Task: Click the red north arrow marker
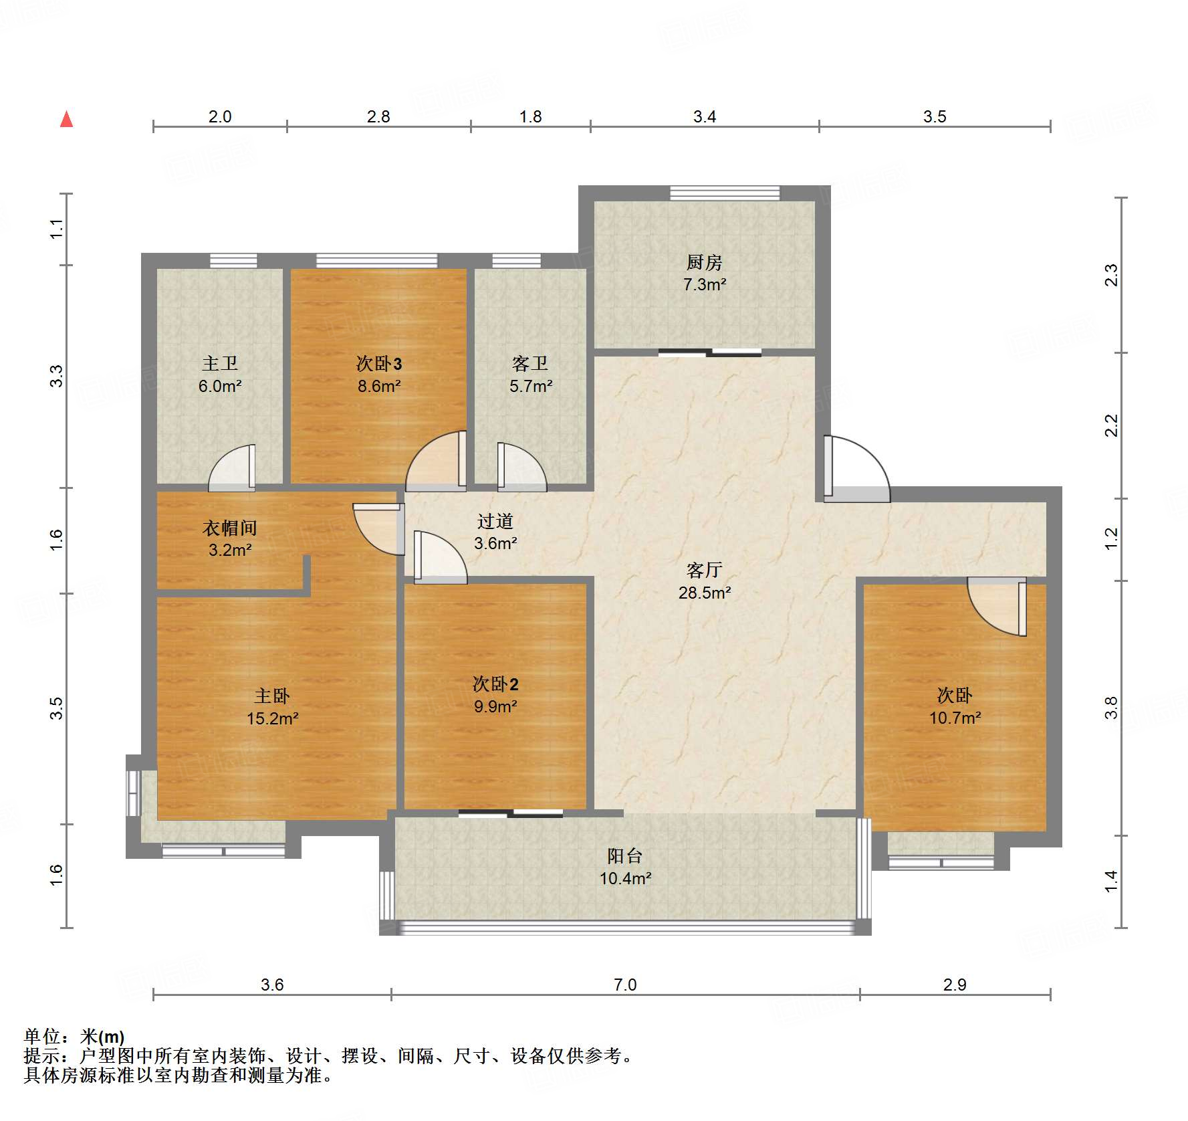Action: (66, 119)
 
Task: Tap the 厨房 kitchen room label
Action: (704, 262)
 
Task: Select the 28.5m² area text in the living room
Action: (704, 593)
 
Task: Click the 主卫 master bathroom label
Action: (220, 363)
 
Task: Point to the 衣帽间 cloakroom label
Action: (229, 528)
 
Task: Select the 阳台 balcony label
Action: (624, 855)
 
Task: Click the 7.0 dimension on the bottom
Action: (625, 985)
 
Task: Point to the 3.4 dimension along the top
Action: (704, 117)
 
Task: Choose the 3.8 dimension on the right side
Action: (1111, 708)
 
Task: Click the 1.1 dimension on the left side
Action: (57, 229)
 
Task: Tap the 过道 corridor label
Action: (495, 521)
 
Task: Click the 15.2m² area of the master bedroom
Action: (272, 718)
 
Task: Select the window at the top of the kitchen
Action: (725, 193)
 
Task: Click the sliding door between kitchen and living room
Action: (709, 352)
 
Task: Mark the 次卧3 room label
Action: (378, 363)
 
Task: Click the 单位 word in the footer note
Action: (42, 1037)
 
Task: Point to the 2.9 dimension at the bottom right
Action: (954, 985)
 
